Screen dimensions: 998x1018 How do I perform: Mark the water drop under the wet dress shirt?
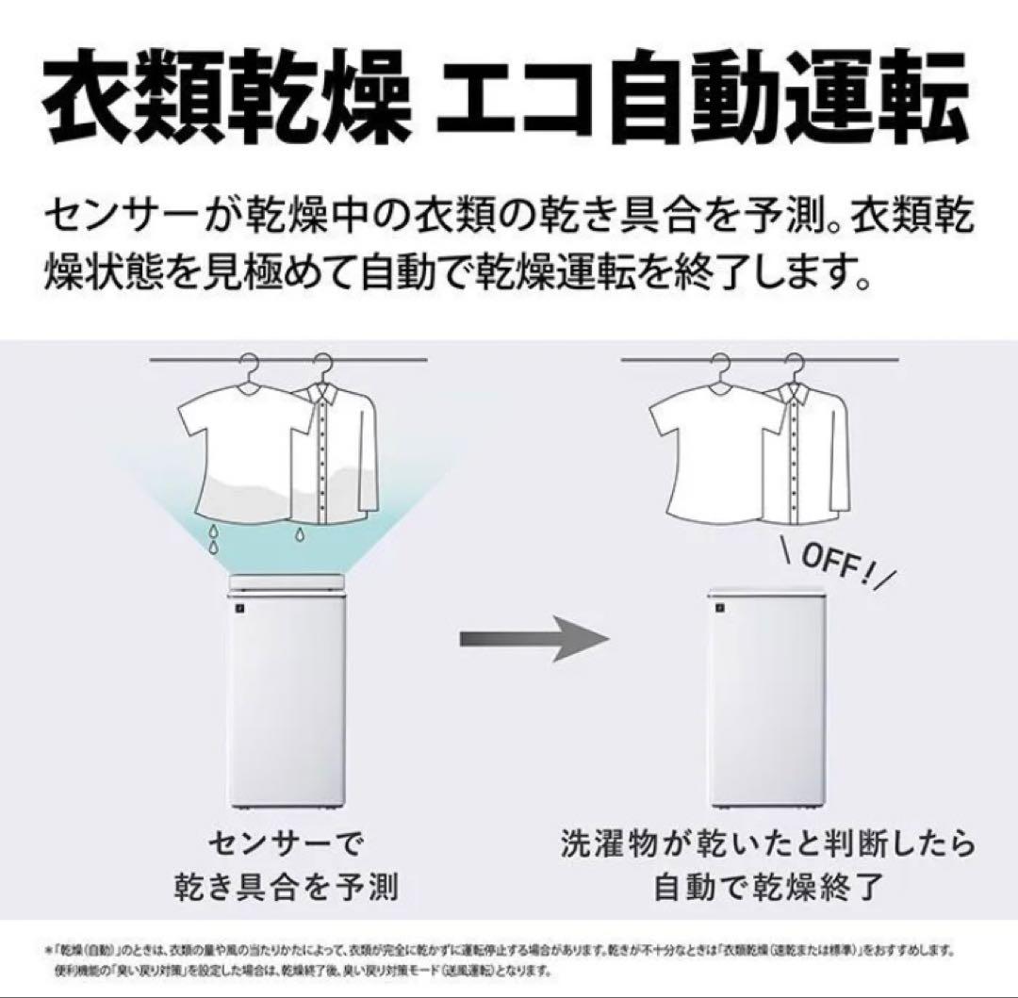[x=300, y=535]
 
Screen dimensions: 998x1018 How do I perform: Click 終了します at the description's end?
[x=782, y=273]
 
